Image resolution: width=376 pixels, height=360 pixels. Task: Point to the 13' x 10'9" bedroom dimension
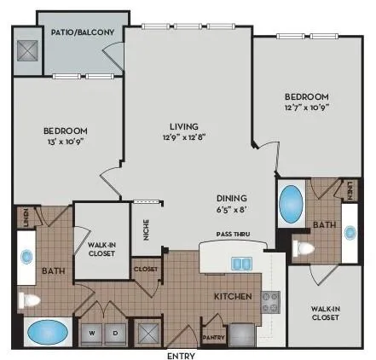coord(65,142)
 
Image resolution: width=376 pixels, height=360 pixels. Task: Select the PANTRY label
coord(214,323)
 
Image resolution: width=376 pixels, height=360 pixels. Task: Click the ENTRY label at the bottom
coord(182,354)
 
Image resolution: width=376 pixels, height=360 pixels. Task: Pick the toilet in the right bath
coord(303,249)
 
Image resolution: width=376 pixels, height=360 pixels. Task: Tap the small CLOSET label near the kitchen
coord(146,270)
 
